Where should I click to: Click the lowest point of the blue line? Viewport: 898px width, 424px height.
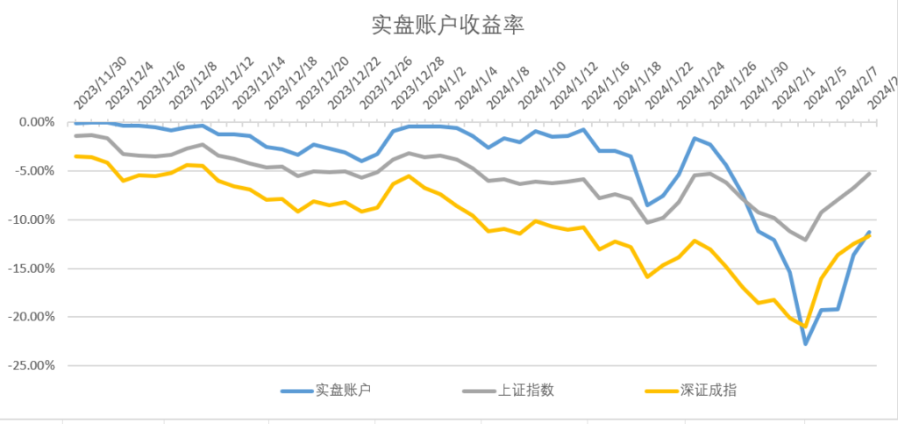(805, 343)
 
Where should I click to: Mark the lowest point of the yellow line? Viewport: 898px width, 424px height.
(804, 326)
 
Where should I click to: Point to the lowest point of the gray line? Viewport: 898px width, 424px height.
(804, 240)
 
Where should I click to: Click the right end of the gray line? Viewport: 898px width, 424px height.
(869, 173)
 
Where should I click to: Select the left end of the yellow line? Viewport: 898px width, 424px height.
(75, 156)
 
